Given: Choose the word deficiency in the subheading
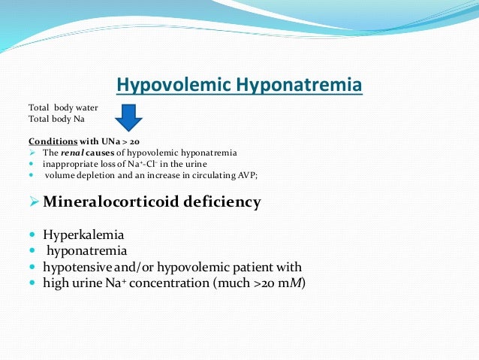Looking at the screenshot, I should coord(226,202).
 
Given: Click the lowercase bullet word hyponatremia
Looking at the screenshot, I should coord(87,250).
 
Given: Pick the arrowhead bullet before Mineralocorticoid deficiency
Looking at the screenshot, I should coord(34,202).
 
